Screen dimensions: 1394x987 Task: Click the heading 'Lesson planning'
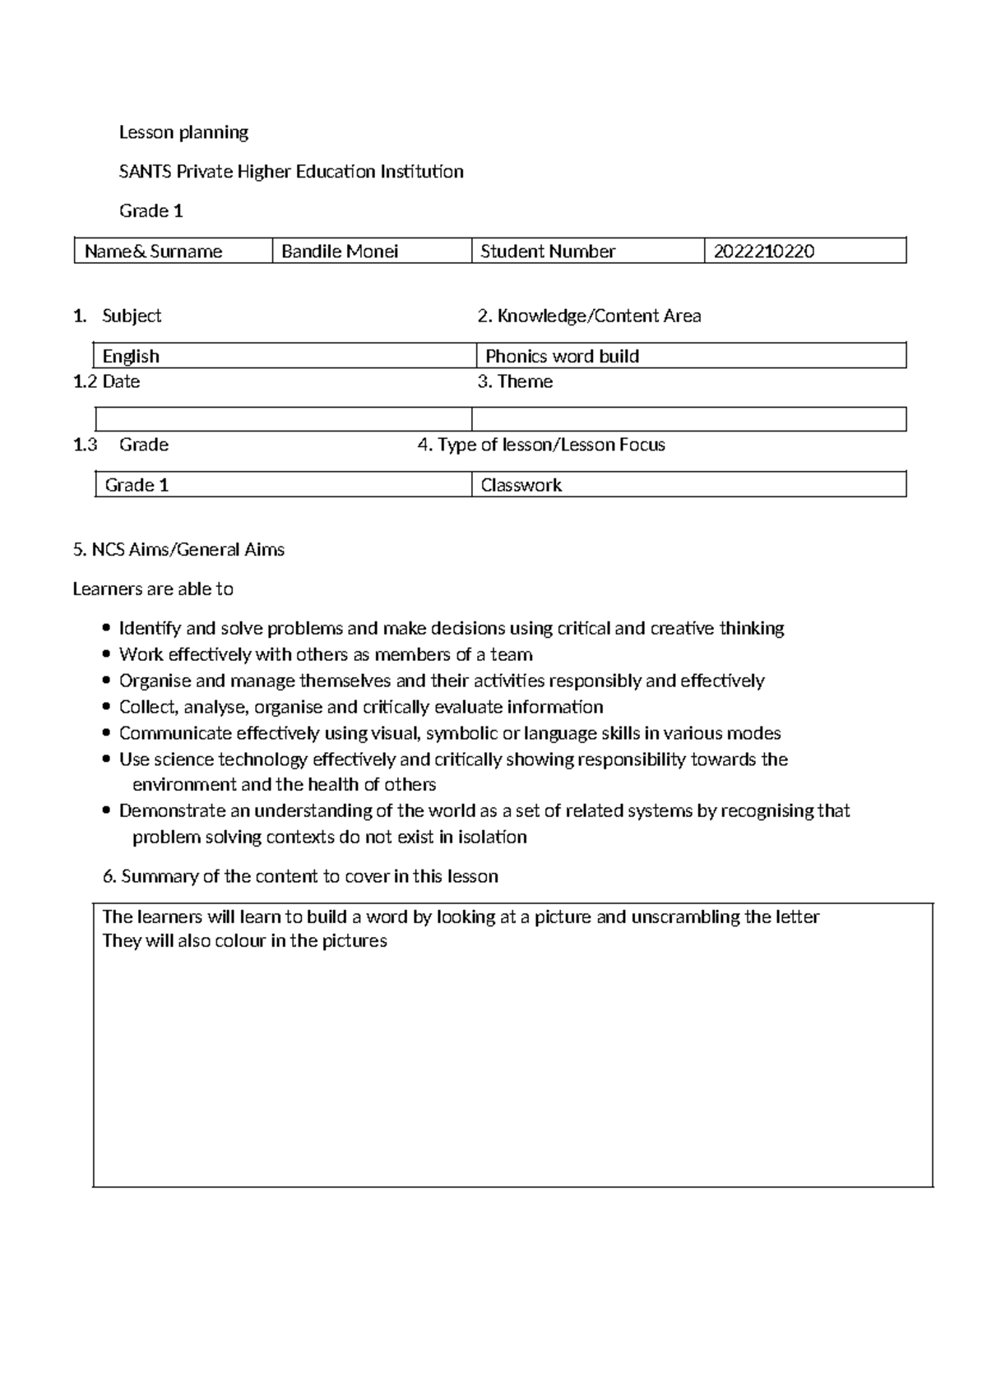(183, 132)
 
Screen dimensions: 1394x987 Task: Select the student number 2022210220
(764, 252)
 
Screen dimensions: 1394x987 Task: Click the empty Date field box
(283, 419)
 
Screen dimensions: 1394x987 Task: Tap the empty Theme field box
(688, 419)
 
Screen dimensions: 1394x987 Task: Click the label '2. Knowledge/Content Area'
(589, 316)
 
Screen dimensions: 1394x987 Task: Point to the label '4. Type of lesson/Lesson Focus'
(541, 445)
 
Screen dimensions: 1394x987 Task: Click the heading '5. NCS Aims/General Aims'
(178, 550)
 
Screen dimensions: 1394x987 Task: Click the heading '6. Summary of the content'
(300, 876)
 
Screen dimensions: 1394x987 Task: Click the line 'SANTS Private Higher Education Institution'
(291, 172)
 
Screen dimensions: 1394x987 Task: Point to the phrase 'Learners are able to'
(153, 589)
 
